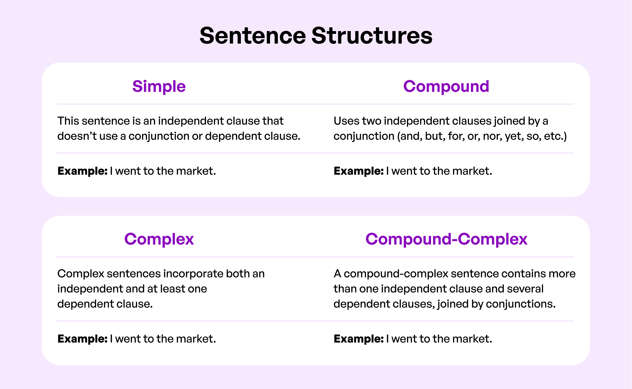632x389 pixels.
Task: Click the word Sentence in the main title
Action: pos(253,36)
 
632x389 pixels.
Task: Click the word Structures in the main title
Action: pos(372,36)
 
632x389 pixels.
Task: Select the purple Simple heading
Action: pos(159,86)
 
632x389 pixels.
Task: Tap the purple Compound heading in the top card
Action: pos(446,86)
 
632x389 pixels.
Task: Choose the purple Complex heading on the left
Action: pos(159,239)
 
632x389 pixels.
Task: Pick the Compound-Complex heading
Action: pos(446,239)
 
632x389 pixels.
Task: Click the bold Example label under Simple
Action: pos(82,171)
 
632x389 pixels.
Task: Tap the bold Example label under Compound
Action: pos(359,171)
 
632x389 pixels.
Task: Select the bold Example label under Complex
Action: pos(82,339)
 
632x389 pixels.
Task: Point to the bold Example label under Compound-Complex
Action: pos(359,339)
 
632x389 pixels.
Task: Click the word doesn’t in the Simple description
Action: pos(77,136)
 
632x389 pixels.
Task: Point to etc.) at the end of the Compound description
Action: pos(555,136)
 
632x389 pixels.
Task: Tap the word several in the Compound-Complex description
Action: pos(525,289)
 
